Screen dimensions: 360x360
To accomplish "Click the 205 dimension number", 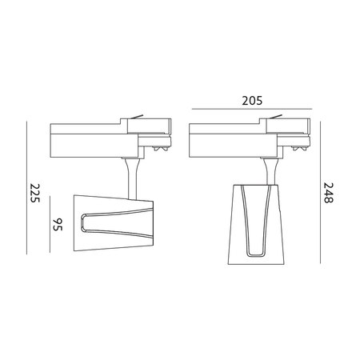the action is (x=252, y=101).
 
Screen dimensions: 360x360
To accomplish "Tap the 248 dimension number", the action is (x=328, y=193).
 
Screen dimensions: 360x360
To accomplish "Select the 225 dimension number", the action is (x=34, y=193).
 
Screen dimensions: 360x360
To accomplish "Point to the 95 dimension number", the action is (x=58, y=225).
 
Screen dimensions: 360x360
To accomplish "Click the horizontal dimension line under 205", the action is (x=252, y=109).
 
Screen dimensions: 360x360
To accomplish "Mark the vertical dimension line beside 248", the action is (x=320, y=192).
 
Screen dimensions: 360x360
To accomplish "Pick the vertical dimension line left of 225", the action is (x=26, y=188).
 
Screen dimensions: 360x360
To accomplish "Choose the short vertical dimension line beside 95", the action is (x=50, y=224).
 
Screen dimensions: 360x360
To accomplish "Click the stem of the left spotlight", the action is (x=133, y=178).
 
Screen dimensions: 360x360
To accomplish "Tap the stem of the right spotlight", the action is (x=271, y=171).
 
